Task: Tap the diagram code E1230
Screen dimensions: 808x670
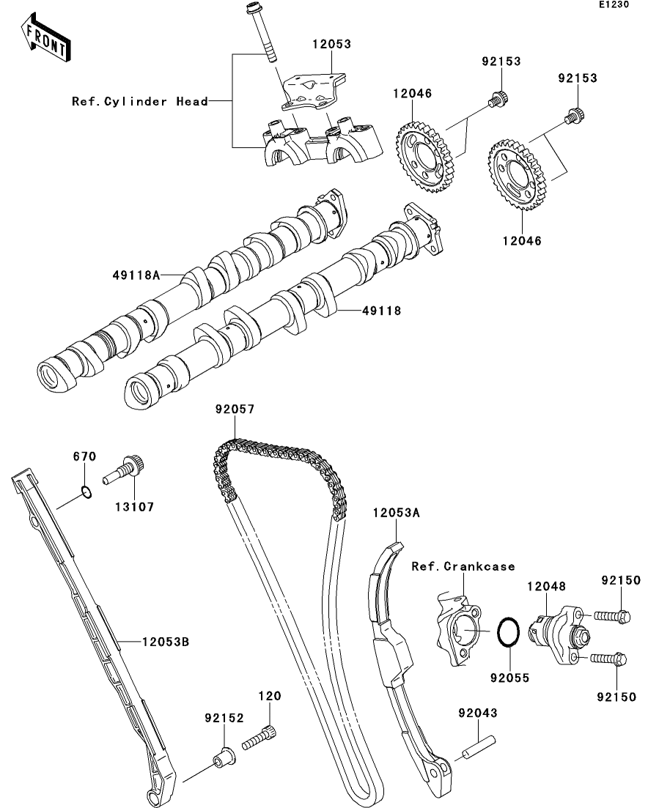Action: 614,5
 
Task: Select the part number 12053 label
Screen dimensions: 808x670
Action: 331,44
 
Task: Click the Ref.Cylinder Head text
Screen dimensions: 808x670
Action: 140,101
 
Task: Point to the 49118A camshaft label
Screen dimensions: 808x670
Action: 136,275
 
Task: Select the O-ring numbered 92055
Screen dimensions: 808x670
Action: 509,631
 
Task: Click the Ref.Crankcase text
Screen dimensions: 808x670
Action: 463,566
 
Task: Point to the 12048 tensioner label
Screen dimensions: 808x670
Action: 547,585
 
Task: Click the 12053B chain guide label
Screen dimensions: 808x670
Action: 165,642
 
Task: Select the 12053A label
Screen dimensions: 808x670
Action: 396,514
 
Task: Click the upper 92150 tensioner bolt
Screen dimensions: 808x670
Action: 610,617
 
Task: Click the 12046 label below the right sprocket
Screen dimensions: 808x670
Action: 521,240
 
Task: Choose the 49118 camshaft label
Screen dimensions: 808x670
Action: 380,311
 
